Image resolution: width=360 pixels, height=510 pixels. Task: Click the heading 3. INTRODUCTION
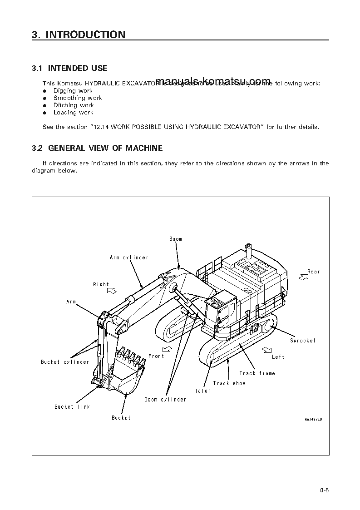click(x=79, y=35)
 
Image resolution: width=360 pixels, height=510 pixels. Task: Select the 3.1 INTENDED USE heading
click(x=69, y=68)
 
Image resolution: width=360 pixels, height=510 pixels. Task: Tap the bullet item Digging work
click(x=73, y=91)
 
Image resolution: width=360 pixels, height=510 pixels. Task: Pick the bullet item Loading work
click(x=73, y=113)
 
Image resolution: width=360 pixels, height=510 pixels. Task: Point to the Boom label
click(x=176, y=239)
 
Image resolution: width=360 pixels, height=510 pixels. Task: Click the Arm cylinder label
click(x=129, y=257)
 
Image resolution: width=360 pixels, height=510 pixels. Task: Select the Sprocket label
click(x=303, y=341)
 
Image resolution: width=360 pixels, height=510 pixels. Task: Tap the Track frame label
click(x=257, y=373)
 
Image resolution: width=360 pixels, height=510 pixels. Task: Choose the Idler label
click(x=203, y=391)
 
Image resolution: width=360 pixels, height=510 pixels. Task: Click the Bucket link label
click(x=72, y=407)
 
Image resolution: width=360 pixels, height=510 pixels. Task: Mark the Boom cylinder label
click(x=165, y=400)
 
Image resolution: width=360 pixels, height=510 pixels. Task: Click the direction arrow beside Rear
click(x=303, y=276)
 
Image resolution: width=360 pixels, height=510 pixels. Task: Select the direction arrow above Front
click(x=167, y=348)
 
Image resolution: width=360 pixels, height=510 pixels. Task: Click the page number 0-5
click(x=324, y=490)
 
